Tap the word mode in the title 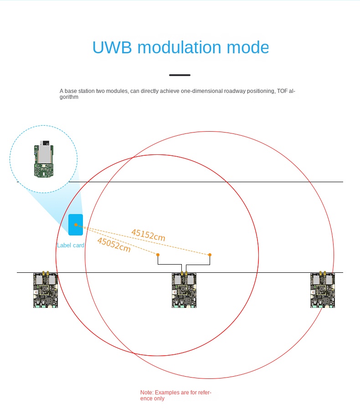(248, 48)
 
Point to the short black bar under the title (180, 75)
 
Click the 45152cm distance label (148, 235)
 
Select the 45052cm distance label (114, 245)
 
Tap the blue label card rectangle (76, 225)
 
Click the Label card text (71, 245)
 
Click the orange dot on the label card (76, 225)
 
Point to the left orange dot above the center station (158, 255)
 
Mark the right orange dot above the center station (210, 255)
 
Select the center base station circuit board (184, 290)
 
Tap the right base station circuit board (323, 290)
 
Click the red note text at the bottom (175, 395)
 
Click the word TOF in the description (282, 91)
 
